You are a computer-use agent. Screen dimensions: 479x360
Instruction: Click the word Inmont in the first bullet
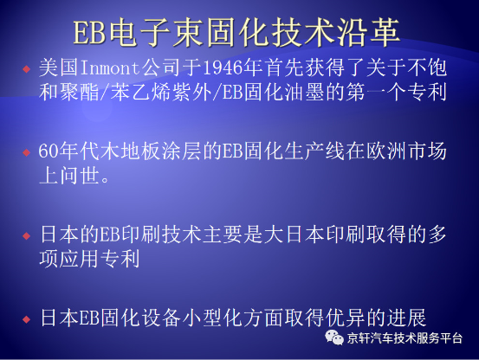[110, 67]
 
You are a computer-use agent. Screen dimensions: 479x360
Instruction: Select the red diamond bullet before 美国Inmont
[27, 69]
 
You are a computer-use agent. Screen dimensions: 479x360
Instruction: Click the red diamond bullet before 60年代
[27, 152]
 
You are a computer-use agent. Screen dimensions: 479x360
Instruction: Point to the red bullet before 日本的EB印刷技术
[27, 235]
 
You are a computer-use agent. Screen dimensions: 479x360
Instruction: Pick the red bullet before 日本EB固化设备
[27, 319]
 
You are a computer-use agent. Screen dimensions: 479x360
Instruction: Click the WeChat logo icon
[333, 337]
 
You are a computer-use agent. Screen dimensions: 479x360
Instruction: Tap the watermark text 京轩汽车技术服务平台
[405, 338]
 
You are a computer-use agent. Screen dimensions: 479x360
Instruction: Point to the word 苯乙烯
[140, 92]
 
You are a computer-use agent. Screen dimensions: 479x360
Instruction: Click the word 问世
[80, 176]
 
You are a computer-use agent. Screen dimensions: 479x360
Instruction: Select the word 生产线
[314, 151]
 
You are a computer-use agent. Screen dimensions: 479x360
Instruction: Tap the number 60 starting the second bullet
[49, 151]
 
